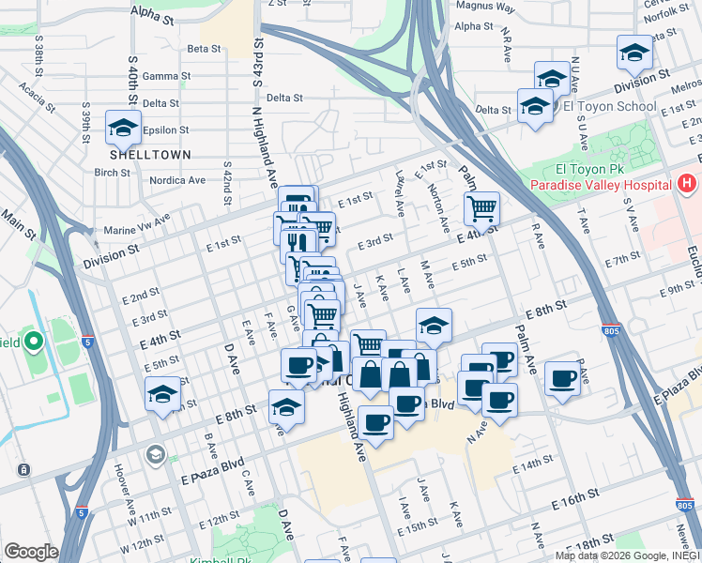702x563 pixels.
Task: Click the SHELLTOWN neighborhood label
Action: tap(150, 154)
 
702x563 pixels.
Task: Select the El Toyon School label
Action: tap(609, 106)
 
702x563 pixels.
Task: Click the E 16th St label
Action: tap(575, 498)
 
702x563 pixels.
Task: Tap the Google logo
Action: tap(31, 552)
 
